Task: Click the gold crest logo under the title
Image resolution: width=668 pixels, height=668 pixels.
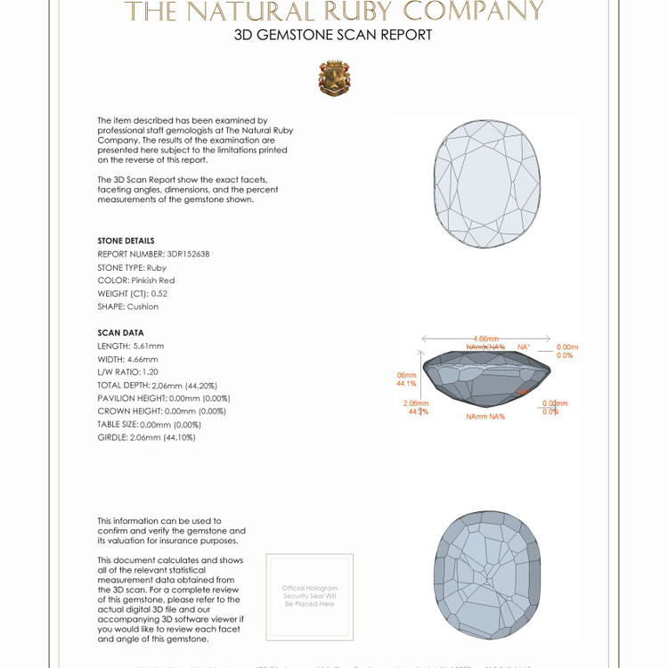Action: [x=334, y=78]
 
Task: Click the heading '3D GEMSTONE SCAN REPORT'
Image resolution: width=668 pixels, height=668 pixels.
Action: [x=333, y=36]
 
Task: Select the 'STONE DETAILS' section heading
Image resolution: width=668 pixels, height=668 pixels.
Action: [x=126, y=240]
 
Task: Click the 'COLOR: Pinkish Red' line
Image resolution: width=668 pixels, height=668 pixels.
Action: [x=135, y=280]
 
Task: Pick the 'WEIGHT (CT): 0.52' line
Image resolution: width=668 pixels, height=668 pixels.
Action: [x=132, y=293]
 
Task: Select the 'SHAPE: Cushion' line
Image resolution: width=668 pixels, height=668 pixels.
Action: [x=127, y=306]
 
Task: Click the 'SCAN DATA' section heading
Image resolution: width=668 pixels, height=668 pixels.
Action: [x=120, y=333]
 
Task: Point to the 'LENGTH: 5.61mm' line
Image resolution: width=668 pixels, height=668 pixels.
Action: [x=130, y=346]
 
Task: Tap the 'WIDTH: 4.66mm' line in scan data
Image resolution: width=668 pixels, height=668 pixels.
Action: [x=127, y=359]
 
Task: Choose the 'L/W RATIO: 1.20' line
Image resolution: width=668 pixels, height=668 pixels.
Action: [x=127, y=371]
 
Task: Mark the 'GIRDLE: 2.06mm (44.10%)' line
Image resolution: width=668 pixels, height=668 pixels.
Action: [x=146, y=437]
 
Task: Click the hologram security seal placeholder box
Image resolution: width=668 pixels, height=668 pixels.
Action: [x=309, y=596]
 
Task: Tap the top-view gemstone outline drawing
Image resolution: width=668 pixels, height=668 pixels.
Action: [x=486, y=183]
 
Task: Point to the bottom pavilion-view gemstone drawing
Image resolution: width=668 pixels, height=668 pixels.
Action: [x=486, y=575]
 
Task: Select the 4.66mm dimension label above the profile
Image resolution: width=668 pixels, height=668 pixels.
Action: [x=485, y=338]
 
